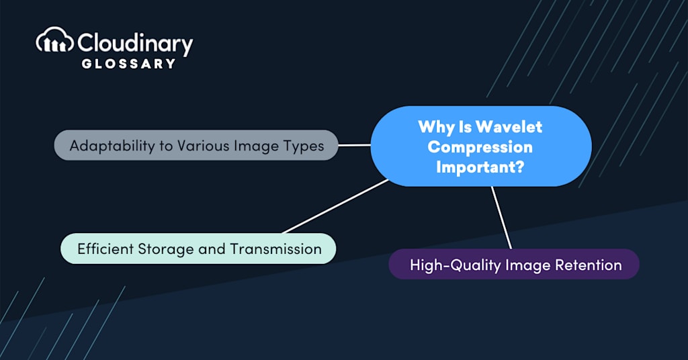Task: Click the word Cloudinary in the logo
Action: (x=135, y=44)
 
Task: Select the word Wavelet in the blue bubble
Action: (x=509, y=126)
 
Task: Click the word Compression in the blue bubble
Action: (x=480, y=146)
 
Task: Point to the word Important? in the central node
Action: (x=480, y=167)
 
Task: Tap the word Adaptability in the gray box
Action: (x=112, y=145)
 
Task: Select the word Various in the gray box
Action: (x=202, y=145)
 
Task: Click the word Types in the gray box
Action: (x=302, y=145)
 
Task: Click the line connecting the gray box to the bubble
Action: (x=354, y=144)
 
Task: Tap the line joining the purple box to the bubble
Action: (x=501, y=218)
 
